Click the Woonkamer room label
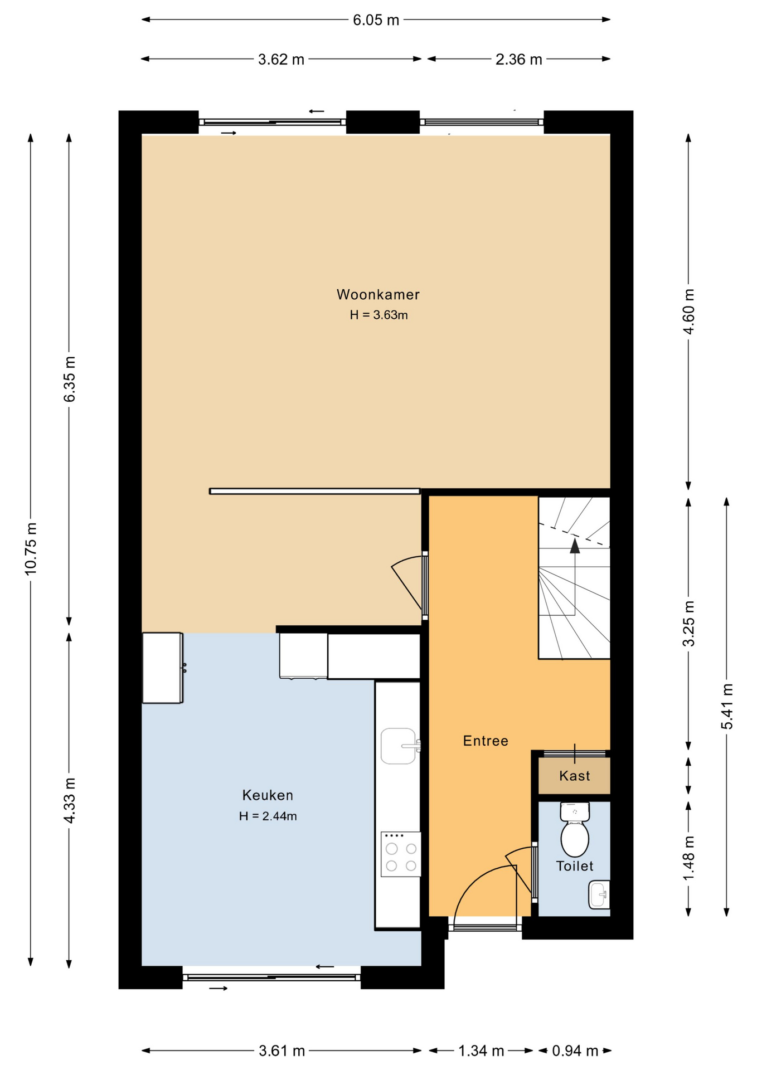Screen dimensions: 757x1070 [378, 294]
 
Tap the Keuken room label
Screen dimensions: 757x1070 [268, 795]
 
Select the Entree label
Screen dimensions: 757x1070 [486, 741]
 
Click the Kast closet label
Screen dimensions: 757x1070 [575, 776]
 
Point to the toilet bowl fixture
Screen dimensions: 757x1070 [575, 830]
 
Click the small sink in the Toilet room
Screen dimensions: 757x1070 [599, 894]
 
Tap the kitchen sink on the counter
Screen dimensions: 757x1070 [400, 746]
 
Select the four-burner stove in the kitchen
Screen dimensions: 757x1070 [401, 854]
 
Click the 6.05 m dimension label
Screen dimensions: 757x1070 [376, 20]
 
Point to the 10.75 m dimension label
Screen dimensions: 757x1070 [31, 549]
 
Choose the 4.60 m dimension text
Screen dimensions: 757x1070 [689, 312]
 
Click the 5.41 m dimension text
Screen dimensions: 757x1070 [727, 706]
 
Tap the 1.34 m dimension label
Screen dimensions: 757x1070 [481, 1051]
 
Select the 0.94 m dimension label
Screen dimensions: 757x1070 [575, 1051]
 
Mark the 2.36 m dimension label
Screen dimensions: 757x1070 [519, 60]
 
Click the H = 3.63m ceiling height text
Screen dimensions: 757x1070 [378, 315]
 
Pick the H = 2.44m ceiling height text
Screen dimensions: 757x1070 [268, 816]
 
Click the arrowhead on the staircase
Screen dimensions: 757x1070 [575, 546]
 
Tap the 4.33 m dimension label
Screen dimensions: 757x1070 [69, 800]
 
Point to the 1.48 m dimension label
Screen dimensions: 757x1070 [689, 859]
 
